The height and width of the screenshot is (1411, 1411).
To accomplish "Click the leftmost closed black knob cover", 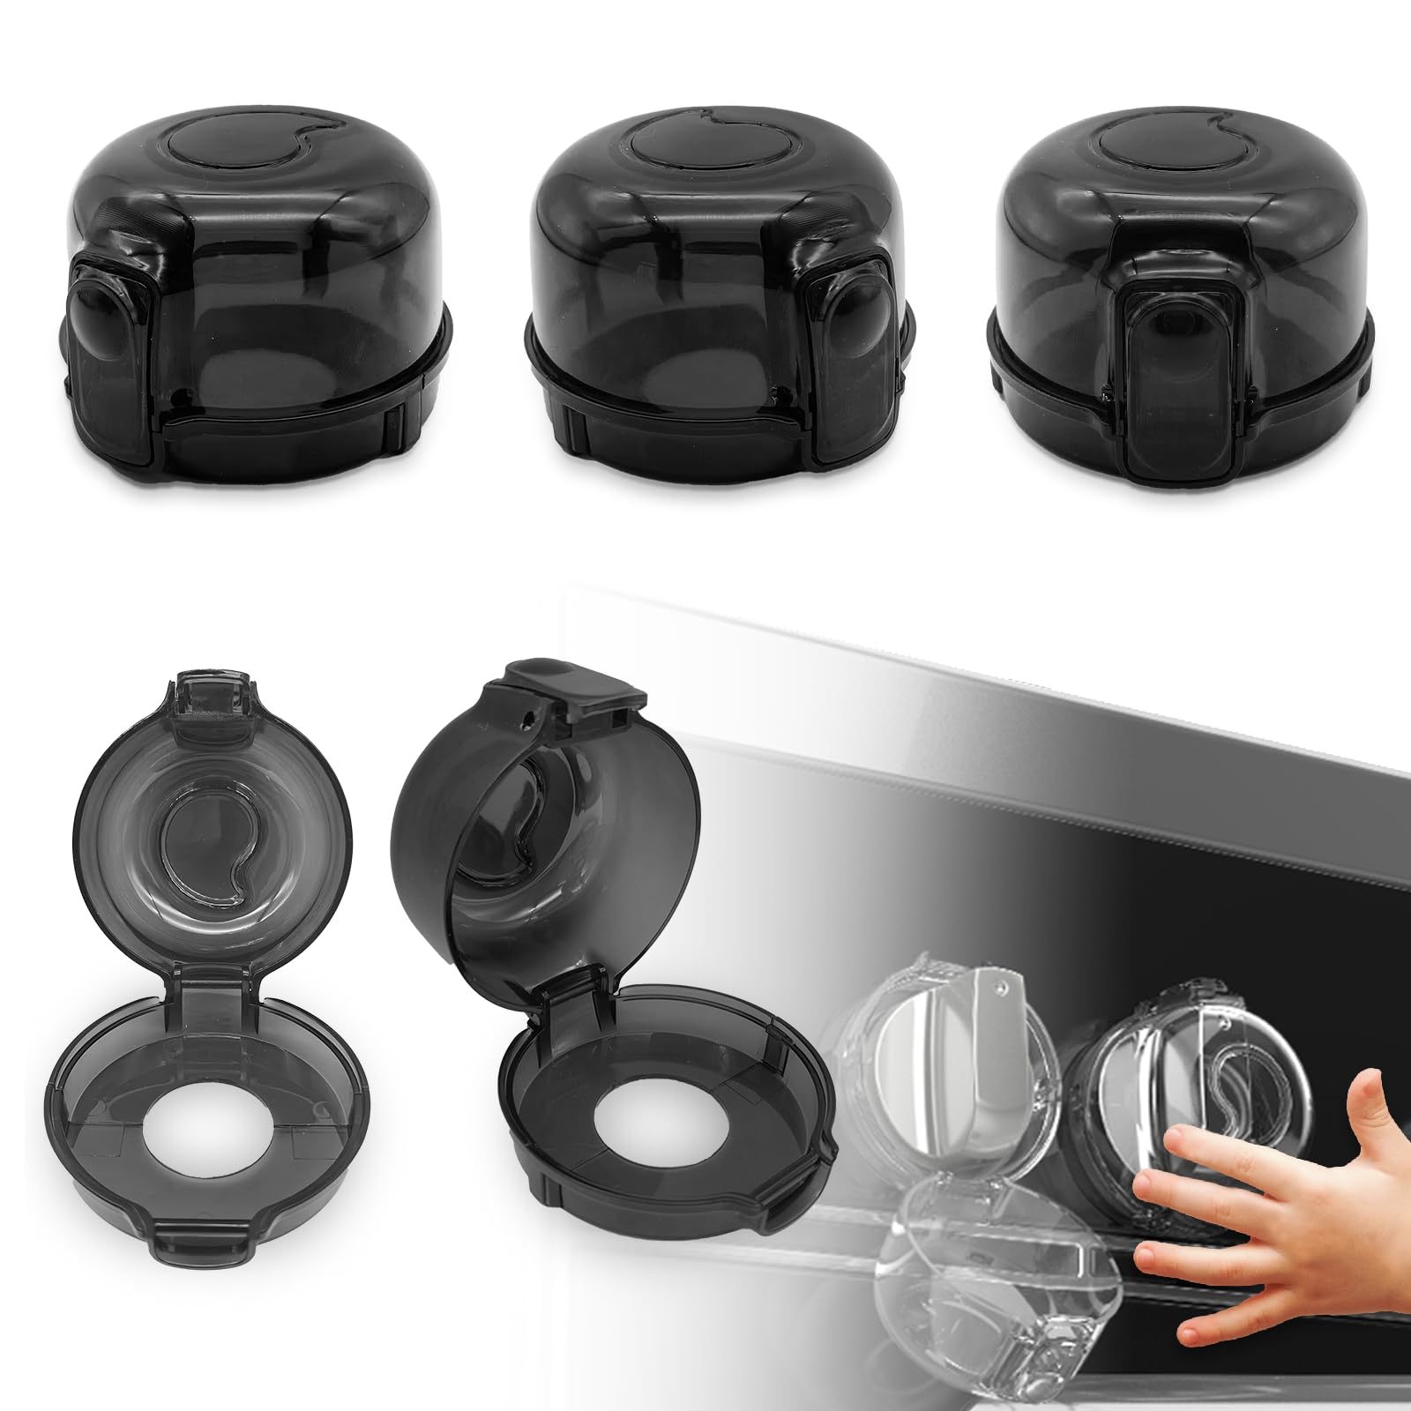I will (x=260, y=291).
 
